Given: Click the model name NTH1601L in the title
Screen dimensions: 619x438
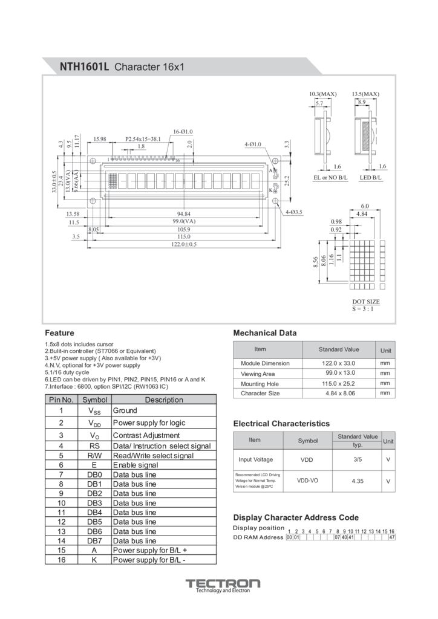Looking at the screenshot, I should pyautogui.click(x=84, y=66).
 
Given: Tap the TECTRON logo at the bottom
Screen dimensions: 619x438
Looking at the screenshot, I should pyautogui.click(x=223, y=584).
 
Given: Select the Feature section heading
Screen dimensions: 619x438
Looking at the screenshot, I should pyautogui.click(x=59, y=333).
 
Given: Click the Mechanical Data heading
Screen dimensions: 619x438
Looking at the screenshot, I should pyautogui.click(x=265, y=333).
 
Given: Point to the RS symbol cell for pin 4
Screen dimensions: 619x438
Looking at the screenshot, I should pyautogui.click(x=94, y=446).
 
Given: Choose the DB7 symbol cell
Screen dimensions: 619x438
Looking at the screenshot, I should pyautogui.click(x=94, y=540).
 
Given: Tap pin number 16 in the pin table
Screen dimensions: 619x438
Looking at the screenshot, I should pyautogui.click(x=61, y=560).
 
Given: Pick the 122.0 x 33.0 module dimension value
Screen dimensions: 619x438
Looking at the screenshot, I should pyautogui.click(x=339, y=363).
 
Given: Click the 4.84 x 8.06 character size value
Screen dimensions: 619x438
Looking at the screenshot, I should pyautogui.click(x=339, y=394).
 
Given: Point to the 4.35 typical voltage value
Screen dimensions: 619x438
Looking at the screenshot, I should pyautogui.click(x=357, y=481).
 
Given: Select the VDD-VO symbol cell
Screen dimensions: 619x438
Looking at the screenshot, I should pyautogui.click(x=307, y=481).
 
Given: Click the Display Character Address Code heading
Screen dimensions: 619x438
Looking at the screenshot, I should pyautogui.click(x=296, y=517).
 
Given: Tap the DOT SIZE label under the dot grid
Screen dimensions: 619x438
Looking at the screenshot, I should pyautogui.click(x=366, y=301).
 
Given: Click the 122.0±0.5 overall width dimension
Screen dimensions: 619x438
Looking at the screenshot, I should pyautogui.click(x=183, y=244).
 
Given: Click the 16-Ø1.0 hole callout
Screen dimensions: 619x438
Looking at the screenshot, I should pyautogui.click(x=183, y=131).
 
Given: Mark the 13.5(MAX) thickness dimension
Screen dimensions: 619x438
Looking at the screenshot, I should pyautogui.click(x=365, y=94).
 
